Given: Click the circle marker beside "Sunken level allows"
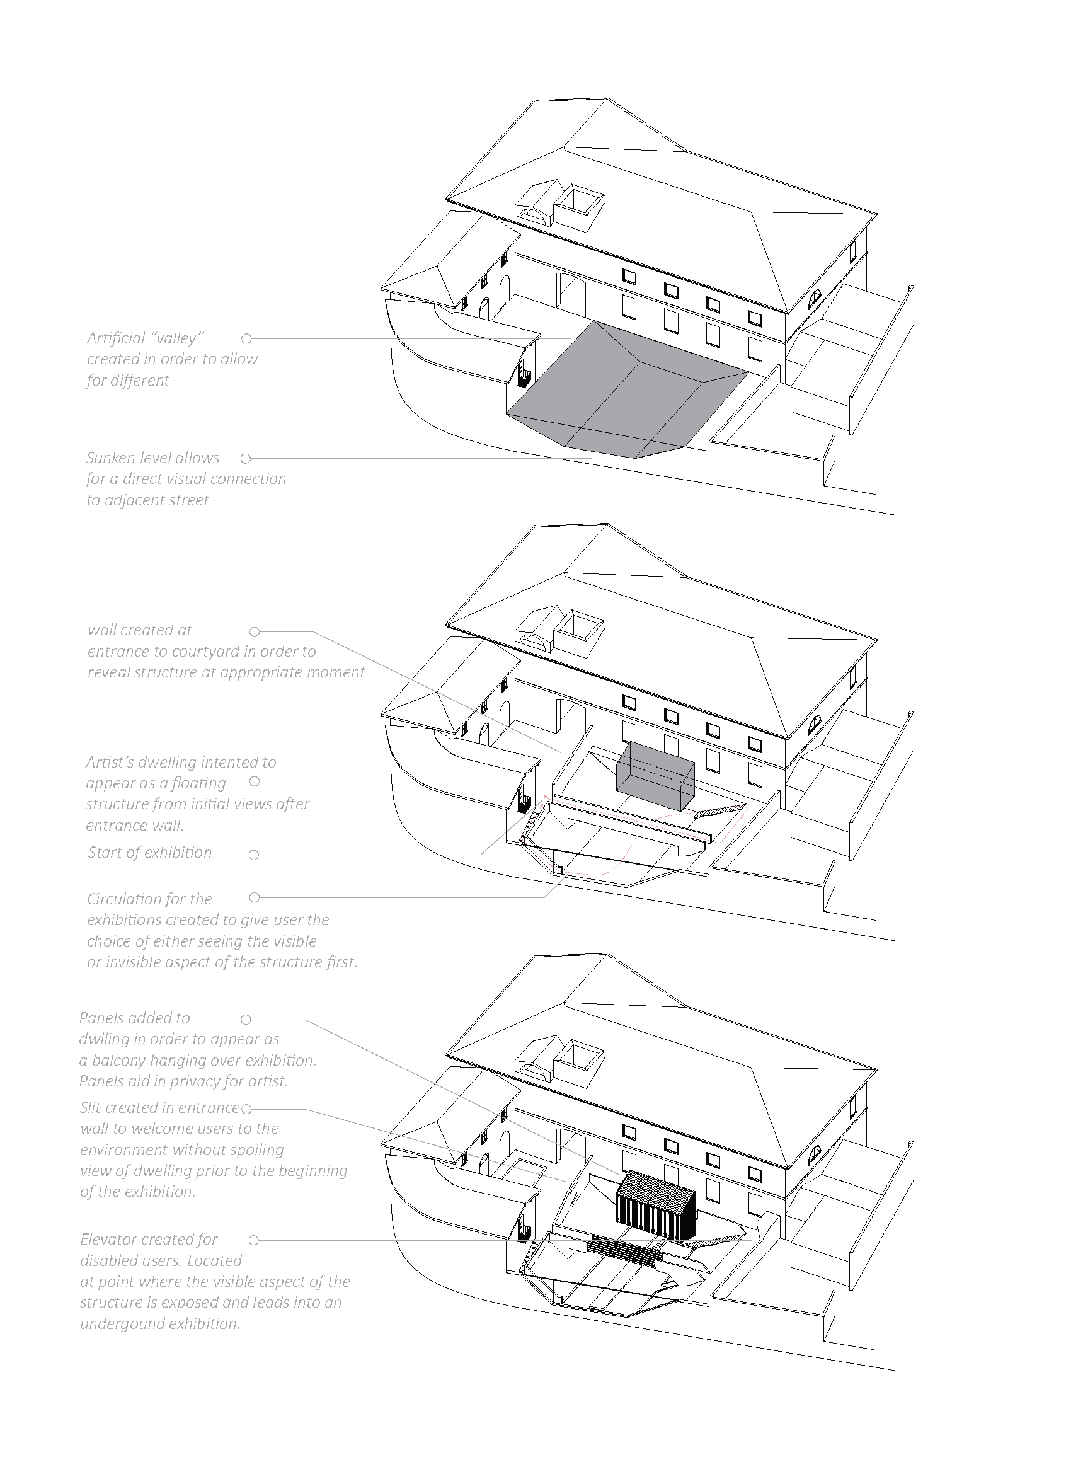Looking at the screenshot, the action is (x=246, y=459).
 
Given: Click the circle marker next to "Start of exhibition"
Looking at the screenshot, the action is (x=254, y=855).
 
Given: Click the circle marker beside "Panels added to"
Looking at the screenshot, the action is (x=246, y=1019).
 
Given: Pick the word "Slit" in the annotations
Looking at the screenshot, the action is (x=90, y=1107).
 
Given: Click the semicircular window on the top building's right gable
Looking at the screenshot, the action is (x=815, y=299).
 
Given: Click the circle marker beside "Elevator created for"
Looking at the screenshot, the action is (x=254, y=1240).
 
